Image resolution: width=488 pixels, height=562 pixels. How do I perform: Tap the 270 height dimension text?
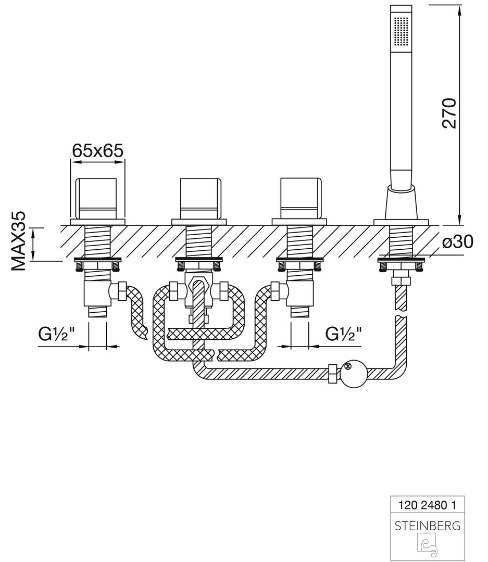tap(449, 113)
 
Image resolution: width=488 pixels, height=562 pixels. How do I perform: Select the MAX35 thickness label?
tap(19, 241)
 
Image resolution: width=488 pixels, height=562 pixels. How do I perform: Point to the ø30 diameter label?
tap(457, 241)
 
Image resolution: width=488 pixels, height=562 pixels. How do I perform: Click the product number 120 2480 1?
tap(427, 505)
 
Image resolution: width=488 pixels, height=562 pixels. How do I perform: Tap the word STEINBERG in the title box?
tap(427, 526)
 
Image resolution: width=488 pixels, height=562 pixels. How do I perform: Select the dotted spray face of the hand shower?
tap(402, 33)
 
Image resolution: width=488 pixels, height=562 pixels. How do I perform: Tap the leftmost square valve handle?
tap(97, 199)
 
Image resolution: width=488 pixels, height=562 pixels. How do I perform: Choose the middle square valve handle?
tap(200, 199)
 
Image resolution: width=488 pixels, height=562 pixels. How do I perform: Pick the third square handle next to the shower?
tap(301, 198)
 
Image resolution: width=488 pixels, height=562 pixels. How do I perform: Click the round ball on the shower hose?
tap(353, 374)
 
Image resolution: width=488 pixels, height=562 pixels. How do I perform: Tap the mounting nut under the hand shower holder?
tap(401, 265)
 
